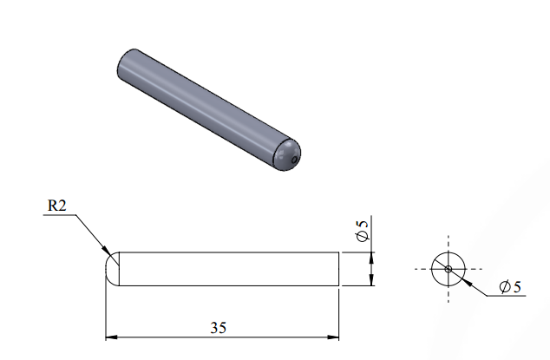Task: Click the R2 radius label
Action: click(57, 206)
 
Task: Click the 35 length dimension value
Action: click(218, 327)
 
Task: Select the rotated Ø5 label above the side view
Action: click(363, 231)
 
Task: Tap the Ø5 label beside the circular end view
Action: click(510, 286)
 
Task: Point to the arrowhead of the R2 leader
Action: click(107, 249)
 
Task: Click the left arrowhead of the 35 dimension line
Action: click(111, 337)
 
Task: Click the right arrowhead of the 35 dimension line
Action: click(333, 337)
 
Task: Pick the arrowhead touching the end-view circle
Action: click(466, 281)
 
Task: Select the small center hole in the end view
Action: click(449, 269)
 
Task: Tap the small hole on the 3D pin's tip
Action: click(294, 160)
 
